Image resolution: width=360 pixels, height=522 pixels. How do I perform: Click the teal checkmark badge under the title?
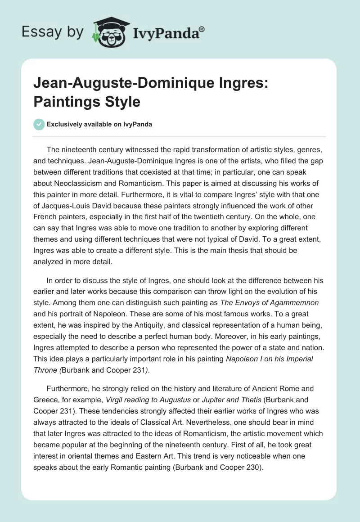[39, 124]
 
